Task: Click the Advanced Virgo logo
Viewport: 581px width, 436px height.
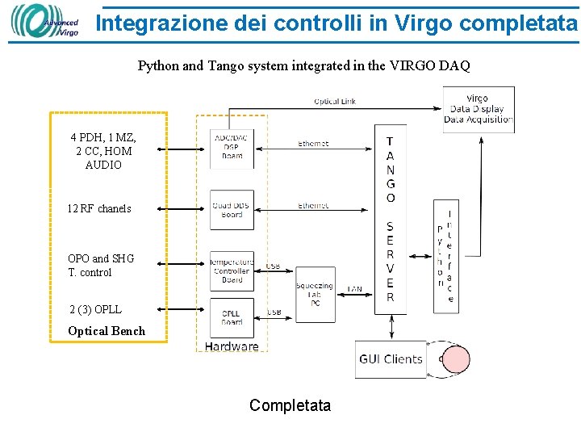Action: (x=45, y=22)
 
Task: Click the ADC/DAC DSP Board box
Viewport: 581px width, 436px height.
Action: (x=232, y=149)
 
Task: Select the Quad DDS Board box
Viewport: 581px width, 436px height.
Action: (x=232, y=210)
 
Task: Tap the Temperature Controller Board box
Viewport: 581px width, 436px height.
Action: (x=232, y=270)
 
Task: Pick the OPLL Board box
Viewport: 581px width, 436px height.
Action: (x=232, y=318)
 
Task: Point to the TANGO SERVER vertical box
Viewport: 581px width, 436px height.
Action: (x=391, y=218)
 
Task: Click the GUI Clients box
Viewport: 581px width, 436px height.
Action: (x=391, y=359)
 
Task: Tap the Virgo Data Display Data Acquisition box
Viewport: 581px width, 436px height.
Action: (x=478, y=110)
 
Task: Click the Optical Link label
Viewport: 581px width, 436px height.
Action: (x=335, y=102)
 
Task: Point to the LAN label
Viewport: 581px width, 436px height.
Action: (x=354, y=288)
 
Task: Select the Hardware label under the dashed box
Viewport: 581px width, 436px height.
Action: (x=232, y=346)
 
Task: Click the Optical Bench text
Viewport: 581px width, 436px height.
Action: (x=107, y=331)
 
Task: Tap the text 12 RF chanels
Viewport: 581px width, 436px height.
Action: (x=99, y=208)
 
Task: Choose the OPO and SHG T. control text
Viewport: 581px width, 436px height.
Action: (x=101, y=266)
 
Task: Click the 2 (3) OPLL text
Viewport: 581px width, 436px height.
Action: (x=95, y=309)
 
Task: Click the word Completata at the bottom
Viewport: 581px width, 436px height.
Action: (x=290, y=405)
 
